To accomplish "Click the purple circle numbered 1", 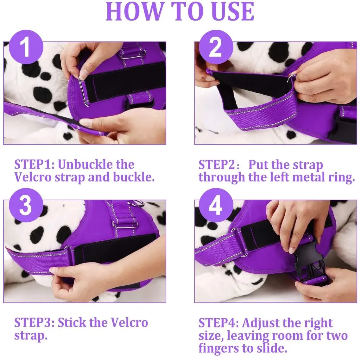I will pos(25,48).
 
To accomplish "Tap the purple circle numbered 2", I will pos(215,48).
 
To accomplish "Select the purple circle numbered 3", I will pos(25,206).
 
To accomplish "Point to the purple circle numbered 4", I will pos(215,206).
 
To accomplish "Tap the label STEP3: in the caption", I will pos(35,323).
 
